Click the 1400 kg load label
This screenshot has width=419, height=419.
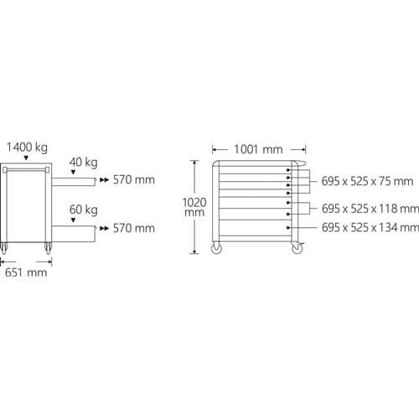coord(27,147)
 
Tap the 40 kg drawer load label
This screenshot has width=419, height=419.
coord(84,163)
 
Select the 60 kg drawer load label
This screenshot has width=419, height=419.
coord(84,209)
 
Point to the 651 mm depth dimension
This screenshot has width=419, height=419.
coord(26,272)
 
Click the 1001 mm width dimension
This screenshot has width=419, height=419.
coord(258,149)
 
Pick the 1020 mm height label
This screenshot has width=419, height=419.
coord(194,207)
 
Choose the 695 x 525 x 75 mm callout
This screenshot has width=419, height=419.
coord(367,181)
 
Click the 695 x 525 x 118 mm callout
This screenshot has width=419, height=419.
coord(370,209)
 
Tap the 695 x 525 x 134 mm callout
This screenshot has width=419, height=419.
coord(370,228)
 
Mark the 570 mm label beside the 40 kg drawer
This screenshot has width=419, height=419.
coord(134,180)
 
